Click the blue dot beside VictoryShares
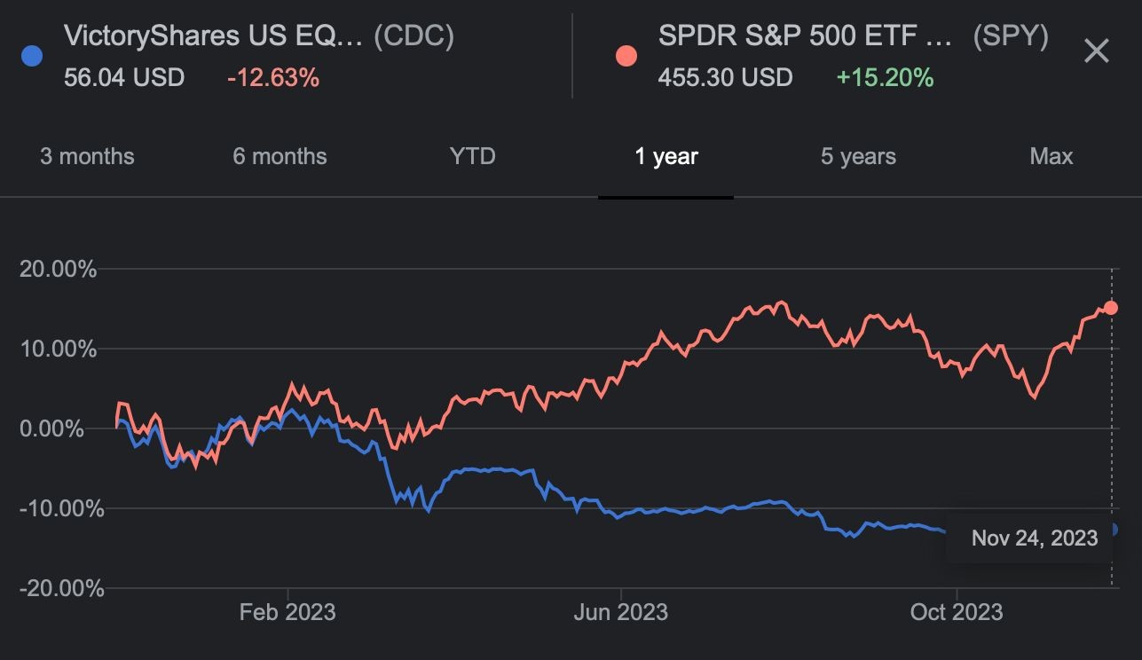[31, 56]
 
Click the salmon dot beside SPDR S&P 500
[626, 56]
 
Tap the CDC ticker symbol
[413, 36]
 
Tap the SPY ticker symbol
[1011, 36]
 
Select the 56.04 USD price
[124, 77]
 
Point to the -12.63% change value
[272, 77]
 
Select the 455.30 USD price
[725, 77]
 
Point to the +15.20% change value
[885, 77]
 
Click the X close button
[1097, 51]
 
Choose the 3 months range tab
[87, 157]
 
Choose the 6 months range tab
[280, 157]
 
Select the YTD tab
[472, 157]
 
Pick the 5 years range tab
[858, 157]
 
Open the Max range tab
[1051, 157]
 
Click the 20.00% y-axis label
[58, 268]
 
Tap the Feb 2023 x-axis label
[287, 612]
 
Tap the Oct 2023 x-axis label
[957, 612]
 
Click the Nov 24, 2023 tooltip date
[1035, 538]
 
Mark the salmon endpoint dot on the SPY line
[1110, 308]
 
